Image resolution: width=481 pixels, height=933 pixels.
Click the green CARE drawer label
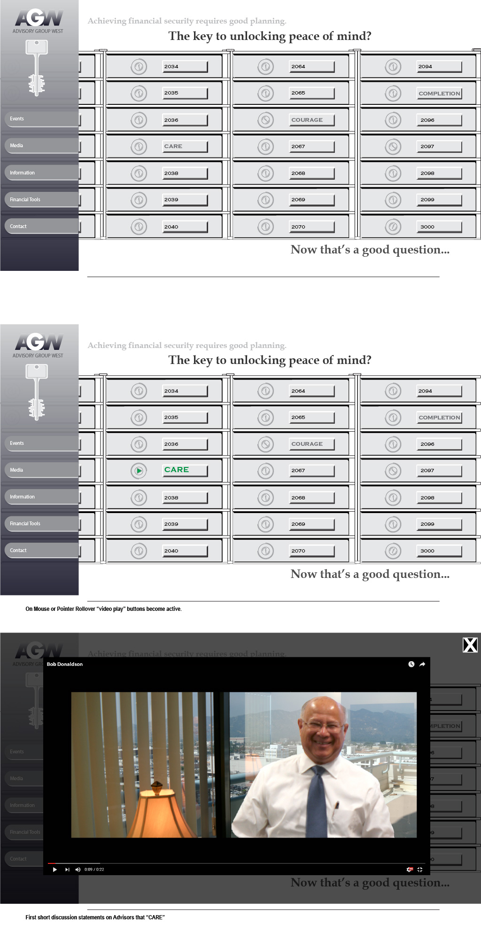coord(177,470)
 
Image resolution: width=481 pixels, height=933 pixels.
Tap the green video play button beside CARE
coord(139,470)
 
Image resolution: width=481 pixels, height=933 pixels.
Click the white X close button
coord(470,645)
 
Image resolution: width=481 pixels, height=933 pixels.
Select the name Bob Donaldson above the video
coord(65,664)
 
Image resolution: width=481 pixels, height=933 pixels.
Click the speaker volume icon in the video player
coord(78,870)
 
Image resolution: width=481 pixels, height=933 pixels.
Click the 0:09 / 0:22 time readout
coord(94,870)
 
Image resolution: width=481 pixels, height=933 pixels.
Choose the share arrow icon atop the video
coord(422,664)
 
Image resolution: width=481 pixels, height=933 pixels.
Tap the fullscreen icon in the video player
coord(420,870)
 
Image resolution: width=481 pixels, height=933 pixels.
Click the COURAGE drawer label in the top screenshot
coord(307,120)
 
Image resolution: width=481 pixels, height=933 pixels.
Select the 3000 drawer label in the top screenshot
coord(427,227)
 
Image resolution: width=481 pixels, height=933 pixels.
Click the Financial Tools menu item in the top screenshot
coord(25,199)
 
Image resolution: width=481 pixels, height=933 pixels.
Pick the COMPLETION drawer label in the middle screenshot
coord(439,418)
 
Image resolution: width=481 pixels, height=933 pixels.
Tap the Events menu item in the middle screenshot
coord(17,443)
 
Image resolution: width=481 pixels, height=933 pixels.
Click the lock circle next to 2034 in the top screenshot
coord(139,67)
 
